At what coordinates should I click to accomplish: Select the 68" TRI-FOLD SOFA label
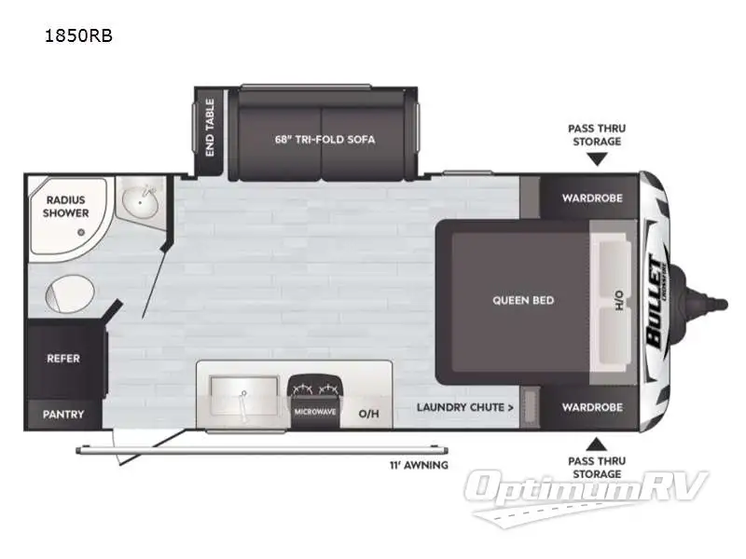pyautogui.click(x=325, y=140)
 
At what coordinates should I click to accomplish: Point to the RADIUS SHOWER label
pyautogui.click(x=65, y=206)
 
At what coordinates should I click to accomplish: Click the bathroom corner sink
pyautogui.click(x=142, y=201)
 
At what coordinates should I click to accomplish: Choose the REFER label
pyautogui.click(x=63, y=359)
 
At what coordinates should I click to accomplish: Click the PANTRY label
pyautogui.click(x=63, y=414)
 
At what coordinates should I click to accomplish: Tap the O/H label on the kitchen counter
pyautogui.click(x=368, y=414)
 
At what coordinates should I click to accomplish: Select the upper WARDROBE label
pyautogui.click(x=592, y=198)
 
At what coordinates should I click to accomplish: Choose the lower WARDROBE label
pyautogui.click(x=592, y=407)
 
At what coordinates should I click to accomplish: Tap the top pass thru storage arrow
pyautogui.click(x=596, y=158)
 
